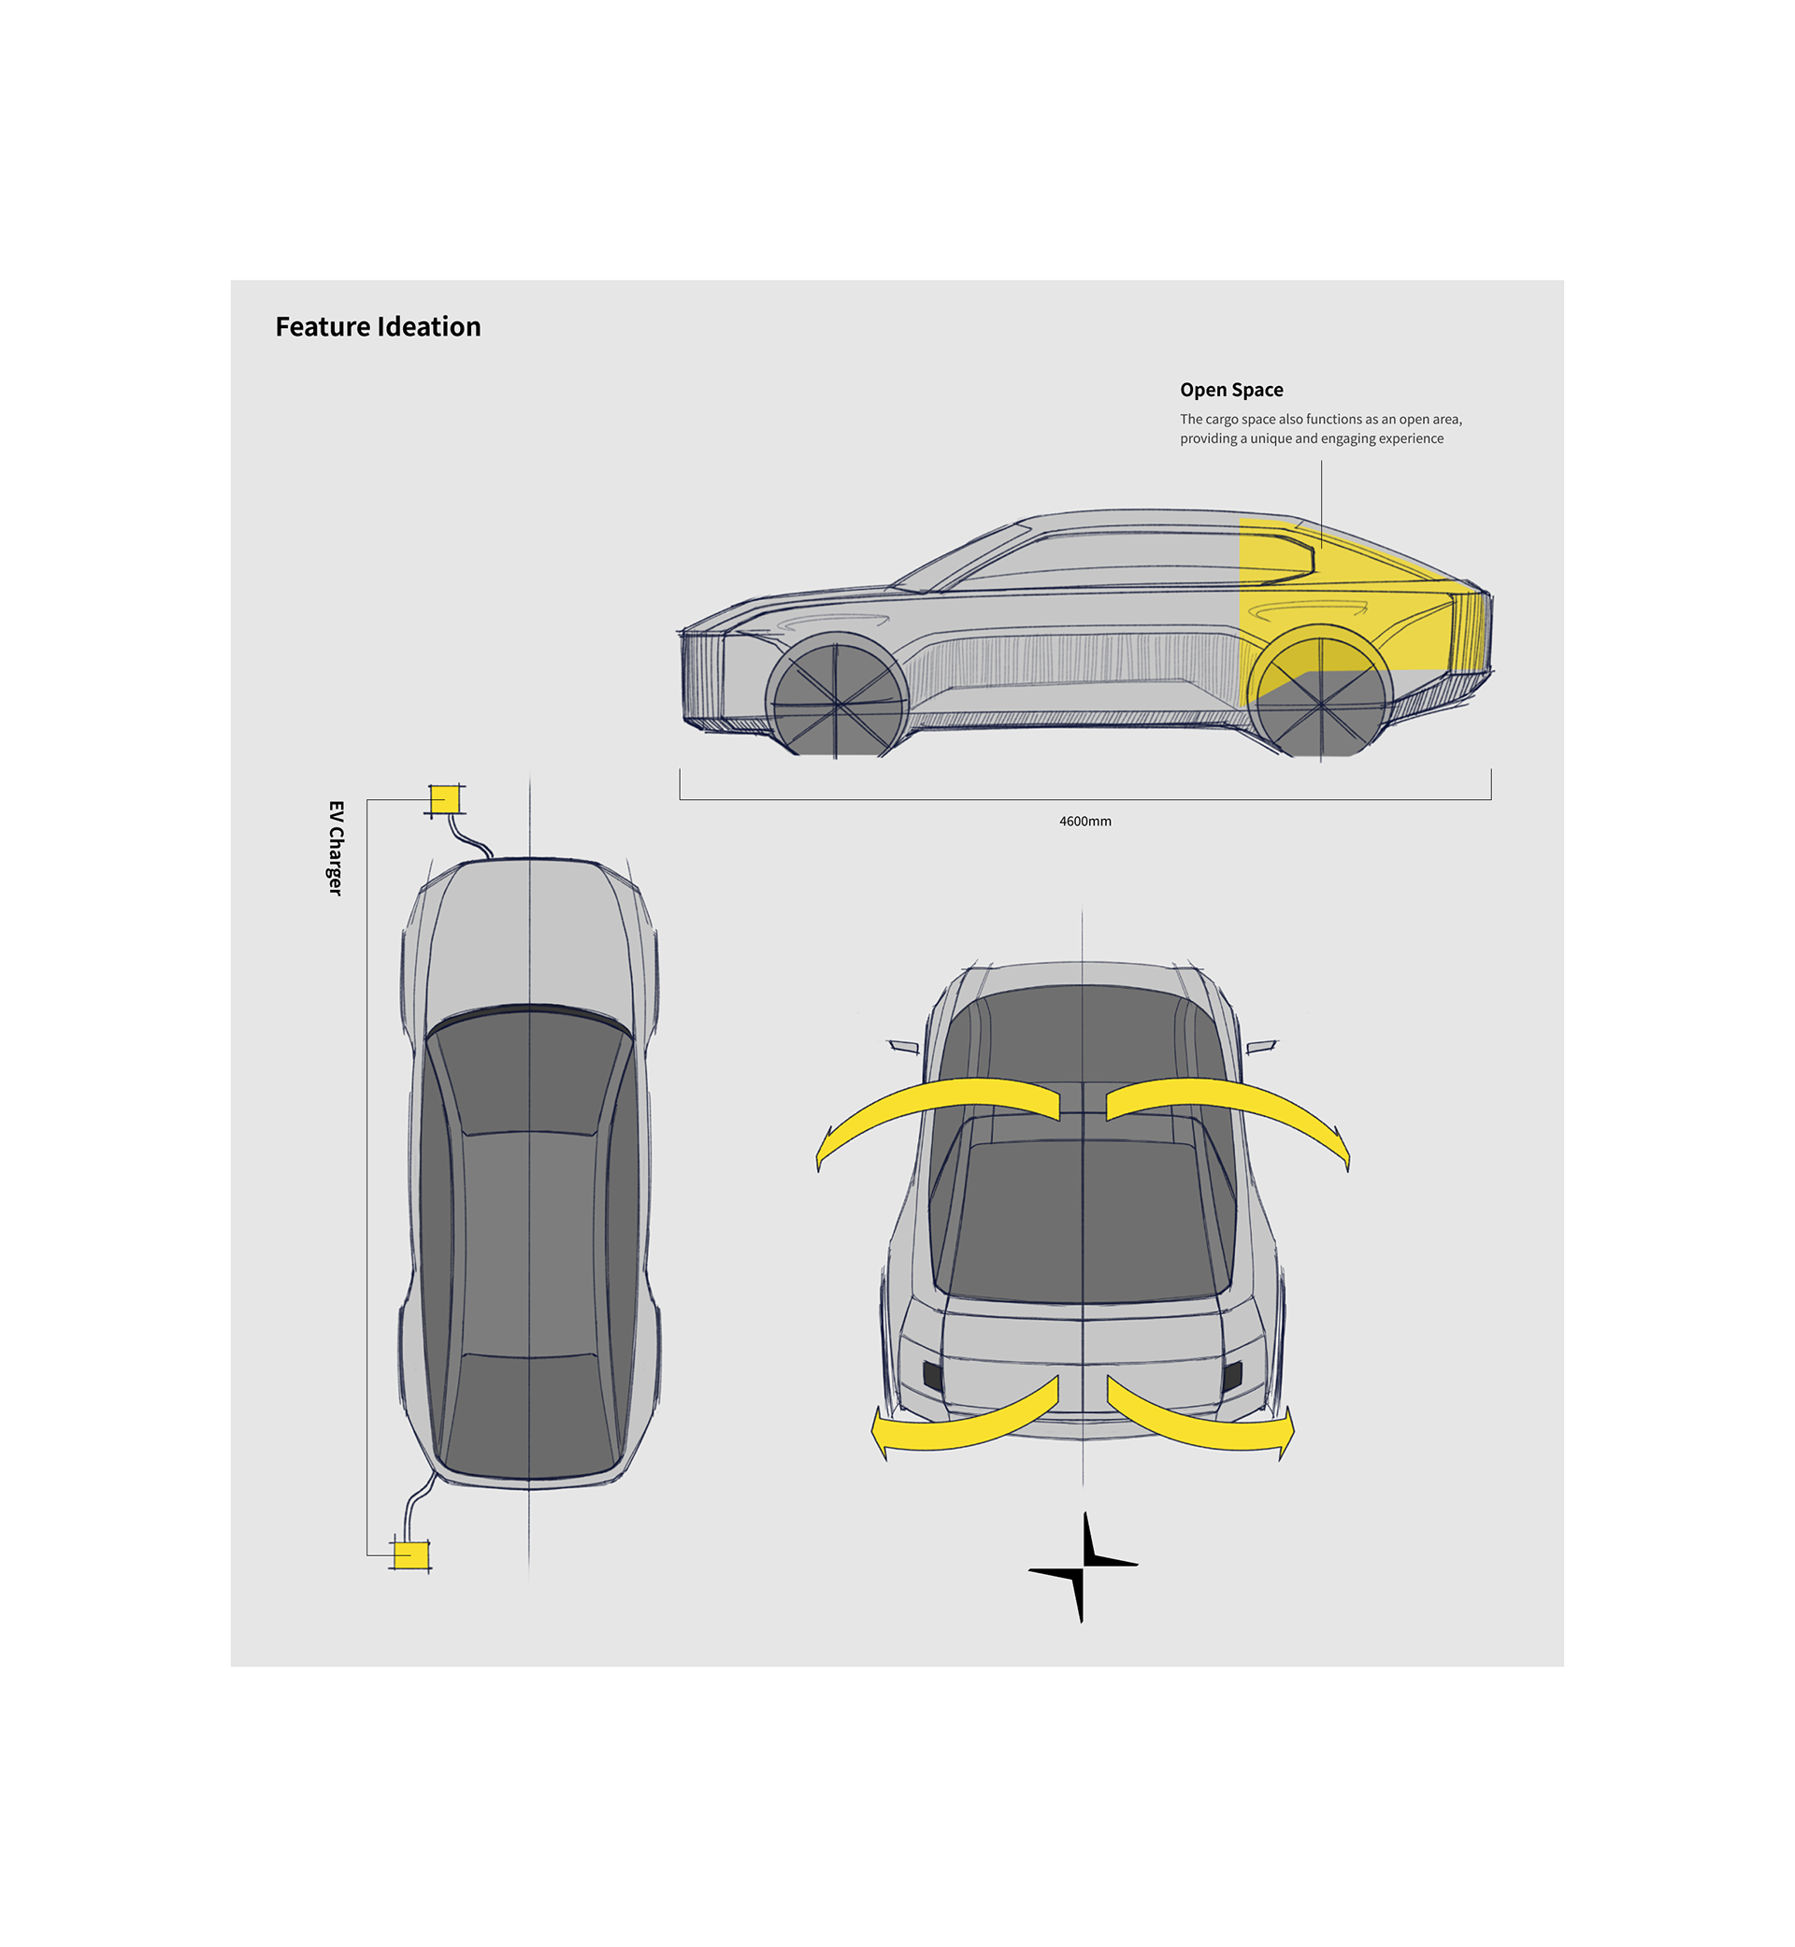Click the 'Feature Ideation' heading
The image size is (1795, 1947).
(x=378, y=327)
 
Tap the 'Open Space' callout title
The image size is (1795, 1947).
(x=1230, y=391)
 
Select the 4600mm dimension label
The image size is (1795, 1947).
(x=1085, y=822)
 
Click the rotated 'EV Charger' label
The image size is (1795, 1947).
(x=336, y=848)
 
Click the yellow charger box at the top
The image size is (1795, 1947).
(x=445, y=799)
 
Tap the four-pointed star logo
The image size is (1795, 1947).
(x=1083, y=1567)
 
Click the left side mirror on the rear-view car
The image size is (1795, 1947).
(x=904, y=1047)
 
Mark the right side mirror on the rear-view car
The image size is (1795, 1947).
(x=1261, y=1046)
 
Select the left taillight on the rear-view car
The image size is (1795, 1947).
(x=932, y=1375)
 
